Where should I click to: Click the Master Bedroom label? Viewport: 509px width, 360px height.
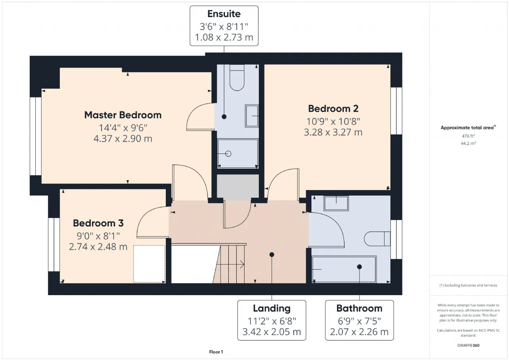pyautogui.click(x=123, y=115)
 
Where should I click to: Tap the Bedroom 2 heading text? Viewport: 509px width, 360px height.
pyautogui.click(x=333, y=109)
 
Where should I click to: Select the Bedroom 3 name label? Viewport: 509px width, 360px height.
pyautogui.click(x=98, y=223)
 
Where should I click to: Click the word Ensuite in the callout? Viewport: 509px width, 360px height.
pyautogui.click(x=224, y=14)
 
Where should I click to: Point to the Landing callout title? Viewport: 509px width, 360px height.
pyautogui.click(x=272, y=309)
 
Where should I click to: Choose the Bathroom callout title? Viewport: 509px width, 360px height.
pyautogui.click(x=359, y=308)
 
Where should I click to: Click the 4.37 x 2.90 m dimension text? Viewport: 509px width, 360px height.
pyautogui.click(x=123, y=139)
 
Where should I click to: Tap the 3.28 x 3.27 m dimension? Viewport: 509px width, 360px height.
pyautogui.click(x=333, y=132)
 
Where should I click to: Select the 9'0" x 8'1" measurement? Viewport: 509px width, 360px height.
pyautogui.click(x=98, y=236)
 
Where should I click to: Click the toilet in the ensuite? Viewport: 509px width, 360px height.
pyautogui.click(x=237, y=78)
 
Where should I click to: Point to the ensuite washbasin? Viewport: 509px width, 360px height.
pyautogui.click(x=252, y=116)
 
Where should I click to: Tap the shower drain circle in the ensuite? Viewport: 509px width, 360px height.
pyautogui.click(x=228, y=154)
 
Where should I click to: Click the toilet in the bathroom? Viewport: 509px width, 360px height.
pyautogui.click(x=377, y=239)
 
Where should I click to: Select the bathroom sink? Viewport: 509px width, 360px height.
pyautogui.click(x=336, y=203)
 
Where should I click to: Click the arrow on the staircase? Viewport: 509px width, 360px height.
pyautogui.click(x=230, y=265)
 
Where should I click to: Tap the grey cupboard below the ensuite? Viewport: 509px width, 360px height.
pyautogui.click(x=238, y=186)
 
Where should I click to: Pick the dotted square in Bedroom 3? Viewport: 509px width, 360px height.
pyautogui.click(x=149, y=264)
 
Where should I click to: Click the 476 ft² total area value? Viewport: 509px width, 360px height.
pyautogui.click(x=468, y=136)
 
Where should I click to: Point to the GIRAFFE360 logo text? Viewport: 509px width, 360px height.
pyautogui.click(x=468, y=345)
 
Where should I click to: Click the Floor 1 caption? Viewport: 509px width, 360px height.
pyautogui.click(x=216, y=352)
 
